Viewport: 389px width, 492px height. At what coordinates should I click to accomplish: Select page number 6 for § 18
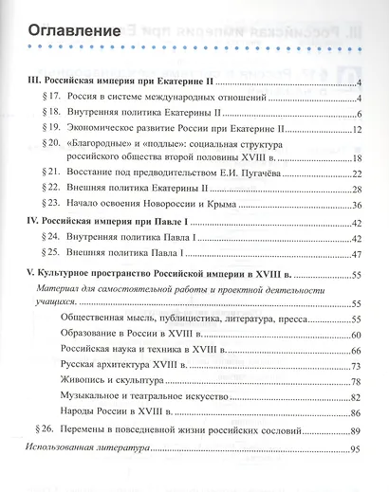pyautogui.click(x=361, y=113)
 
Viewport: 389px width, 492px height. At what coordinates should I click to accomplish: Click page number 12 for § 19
pyautogui.click(x=357, y=128)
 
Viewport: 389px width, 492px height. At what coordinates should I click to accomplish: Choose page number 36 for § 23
pyautogui.click(x=357, y=204)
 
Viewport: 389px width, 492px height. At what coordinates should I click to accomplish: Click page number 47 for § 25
pyautogui.click(x=357, y=253)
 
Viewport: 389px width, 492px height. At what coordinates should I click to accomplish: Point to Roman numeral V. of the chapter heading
pyautogui.click(x=30, y=272)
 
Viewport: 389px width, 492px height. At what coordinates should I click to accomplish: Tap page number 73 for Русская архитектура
pyautogui.click(x=357, y=366)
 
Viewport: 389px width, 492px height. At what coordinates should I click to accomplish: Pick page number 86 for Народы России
pyautogui.click(x=357, y=412)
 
